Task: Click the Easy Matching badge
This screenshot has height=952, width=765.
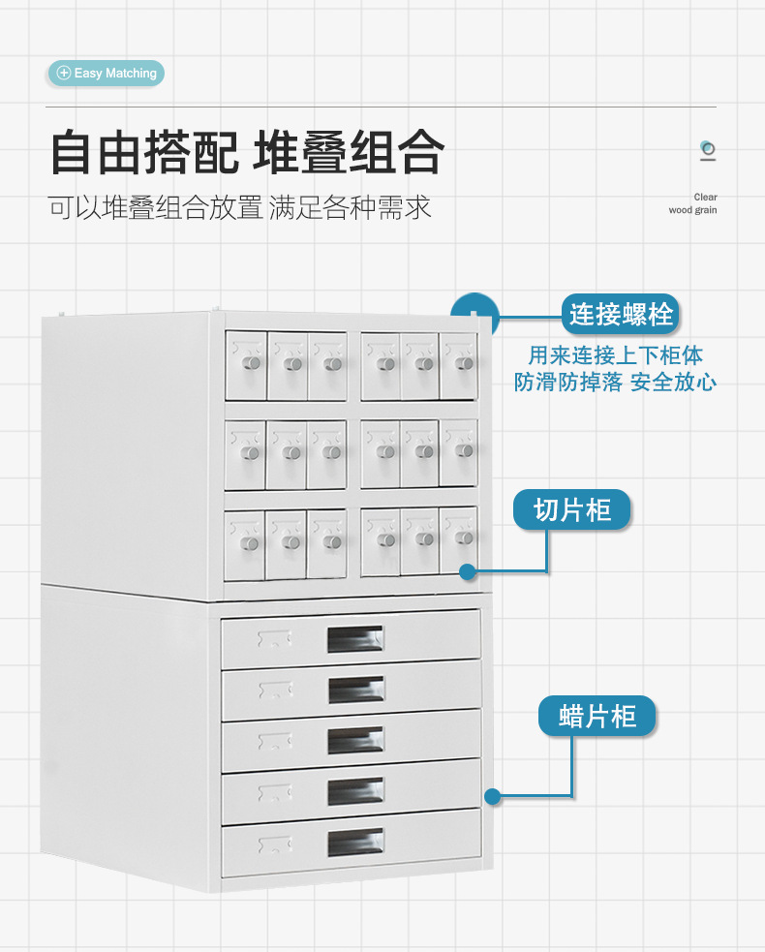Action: tap(107, 73)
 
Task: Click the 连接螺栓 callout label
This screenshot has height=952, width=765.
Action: tap(620, 315)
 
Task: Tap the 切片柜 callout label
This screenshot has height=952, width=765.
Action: tap(571, 509)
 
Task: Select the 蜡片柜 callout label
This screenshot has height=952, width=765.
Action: tap(597, 717)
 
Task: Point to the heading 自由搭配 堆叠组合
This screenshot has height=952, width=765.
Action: tap(247, 153)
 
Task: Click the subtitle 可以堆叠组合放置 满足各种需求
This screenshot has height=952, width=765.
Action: tap(239, 207)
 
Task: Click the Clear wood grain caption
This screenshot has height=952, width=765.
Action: tap(693, 203)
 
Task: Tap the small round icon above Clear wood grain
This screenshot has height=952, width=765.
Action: tap(708, 149)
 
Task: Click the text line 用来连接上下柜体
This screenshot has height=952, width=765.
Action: tap(615, 355)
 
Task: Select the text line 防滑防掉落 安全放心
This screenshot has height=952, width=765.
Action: tap(615, 383)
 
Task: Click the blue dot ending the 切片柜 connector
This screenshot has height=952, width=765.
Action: tap(467, 571)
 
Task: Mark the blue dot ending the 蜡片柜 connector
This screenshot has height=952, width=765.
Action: tap(492, 797)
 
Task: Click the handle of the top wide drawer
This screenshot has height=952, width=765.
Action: tap(355, 639)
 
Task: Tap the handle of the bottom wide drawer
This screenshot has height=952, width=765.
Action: tap(355, 842)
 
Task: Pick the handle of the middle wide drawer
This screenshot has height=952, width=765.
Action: tap(355, 741)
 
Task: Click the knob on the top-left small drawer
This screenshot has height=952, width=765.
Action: tap(251, 363)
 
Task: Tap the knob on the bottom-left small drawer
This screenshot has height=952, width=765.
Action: tap(250, 542)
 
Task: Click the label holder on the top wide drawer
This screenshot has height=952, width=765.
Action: tap(275, 637)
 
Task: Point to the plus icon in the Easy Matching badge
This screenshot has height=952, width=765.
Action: tap(64, 73)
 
